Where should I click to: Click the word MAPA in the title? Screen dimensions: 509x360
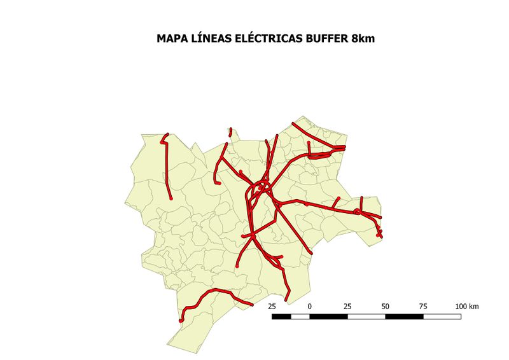coord(171,39)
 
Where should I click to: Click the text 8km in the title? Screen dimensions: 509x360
coord(363,39)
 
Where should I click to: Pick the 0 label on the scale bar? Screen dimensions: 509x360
coord(310,307)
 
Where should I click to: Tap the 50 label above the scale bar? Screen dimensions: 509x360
coord(385,307)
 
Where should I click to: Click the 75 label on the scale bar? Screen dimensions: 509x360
coord(423,307)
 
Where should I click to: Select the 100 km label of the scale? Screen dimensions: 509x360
coord(467,307)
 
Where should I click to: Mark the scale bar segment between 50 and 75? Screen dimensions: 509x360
coord(404,316)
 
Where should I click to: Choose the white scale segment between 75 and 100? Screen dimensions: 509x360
coord(442,316)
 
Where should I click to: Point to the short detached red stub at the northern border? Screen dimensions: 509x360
coord(230,132)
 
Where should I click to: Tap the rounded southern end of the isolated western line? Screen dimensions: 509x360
coord(171,198)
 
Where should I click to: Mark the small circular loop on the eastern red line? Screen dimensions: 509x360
coord(358,211)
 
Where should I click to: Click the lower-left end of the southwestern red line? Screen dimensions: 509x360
coord(181,320)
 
